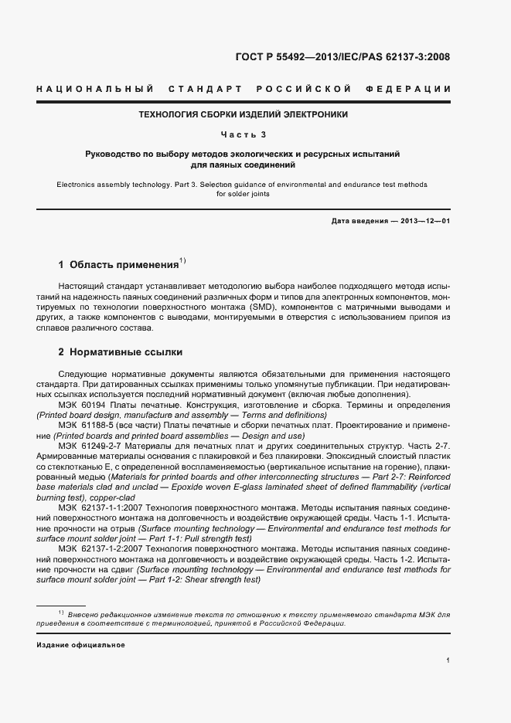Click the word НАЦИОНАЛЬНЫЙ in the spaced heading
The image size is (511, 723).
[x=94, y=89]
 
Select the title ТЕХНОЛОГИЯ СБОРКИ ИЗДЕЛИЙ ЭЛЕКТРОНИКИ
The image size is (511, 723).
[x=243, y=114]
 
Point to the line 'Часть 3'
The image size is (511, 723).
[x=244, y=134]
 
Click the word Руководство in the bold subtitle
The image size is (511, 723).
[x=113, y=154]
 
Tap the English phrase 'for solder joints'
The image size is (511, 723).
[x=243, y=195]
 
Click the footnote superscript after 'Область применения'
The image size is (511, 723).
[x=182, y=260]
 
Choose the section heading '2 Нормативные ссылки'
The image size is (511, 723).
[x=121, y=352]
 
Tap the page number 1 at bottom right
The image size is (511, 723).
[x=449, y=661]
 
